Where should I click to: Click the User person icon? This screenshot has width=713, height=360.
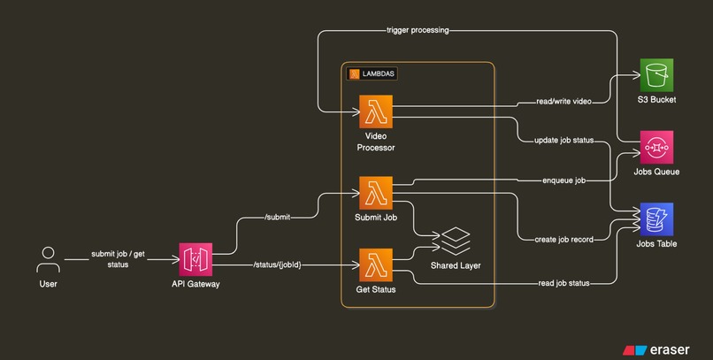[x=49, y=261]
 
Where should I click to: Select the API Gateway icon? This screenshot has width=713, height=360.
[x=195, y=261]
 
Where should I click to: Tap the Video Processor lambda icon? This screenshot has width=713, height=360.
[x=376, y=112]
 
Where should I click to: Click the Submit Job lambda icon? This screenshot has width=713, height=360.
[x=376, y=192]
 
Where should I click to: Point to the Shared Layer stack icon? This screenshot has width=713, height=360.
[x=456, y=240]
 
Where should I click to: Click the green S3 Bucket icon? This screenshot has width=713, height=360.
[x=658, y=75]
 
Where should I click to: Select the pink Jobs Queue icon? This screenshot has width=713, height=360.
[x=658, y=147]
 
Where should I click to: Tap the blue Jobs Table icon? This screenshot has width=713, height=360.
[x=658, y=218]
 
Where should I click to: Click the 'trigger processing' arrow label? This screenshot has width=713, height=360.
[x=418, y=30]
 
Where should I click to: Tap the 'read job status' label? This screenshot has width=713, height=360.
[x=563, y=283]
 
